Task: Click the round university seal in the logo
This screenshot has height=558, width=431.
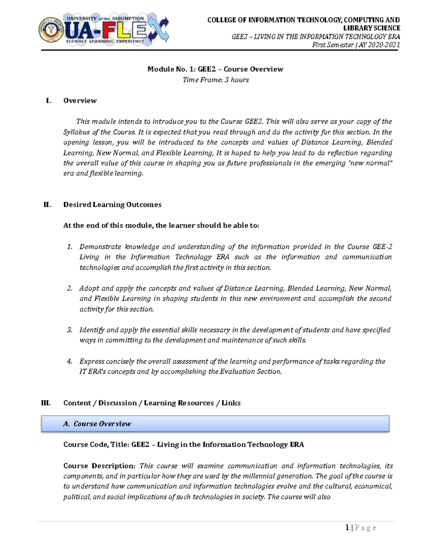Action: tap(51, 30)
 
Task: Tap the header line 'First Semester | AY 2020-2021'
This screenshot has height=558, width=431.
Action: tap(356, 45)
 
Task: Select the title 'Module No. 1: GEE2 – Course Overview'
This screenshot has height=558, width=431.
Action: tap(215, 69)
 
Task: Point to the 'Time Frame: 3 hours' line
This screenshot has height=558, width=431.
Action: tap(215, 80)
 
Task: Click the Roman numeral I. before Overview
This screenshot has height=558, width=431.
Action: tap(48, 101)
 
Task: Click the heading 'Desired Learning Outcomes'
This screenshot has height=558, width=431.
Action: tap(112, 204)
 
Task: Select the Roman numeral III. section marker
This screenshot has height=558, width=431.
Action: tap(46, 403)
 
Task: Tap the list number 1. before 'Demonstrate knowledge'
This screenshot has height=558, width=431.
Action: tap(70, 247)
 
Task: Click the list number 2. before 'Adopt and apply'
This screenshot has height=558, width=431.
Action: tap(70, 288)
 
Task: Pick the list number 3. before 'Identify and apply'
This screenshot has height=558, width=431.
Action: tap(70, 330)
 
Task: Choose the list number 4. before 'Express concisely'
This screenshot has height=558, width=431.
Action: tap(70, 361)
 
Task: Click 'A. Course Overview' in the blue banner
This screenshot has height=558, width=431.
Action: tap(97, 424)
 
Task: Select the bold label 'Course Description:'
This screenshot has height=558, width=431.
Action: tap(99, 466)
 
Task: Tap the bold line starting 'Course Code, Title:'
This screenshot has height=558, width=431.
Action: tap(183, 444)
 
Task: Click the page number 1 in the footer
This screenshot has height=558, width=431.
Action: tap(347, 527)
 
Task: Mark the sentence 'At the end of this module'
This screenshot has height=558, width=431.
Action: tap(161, 226)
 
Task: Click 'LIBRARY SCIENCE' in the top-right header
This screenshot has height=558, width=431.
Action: tap(371, 28)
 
